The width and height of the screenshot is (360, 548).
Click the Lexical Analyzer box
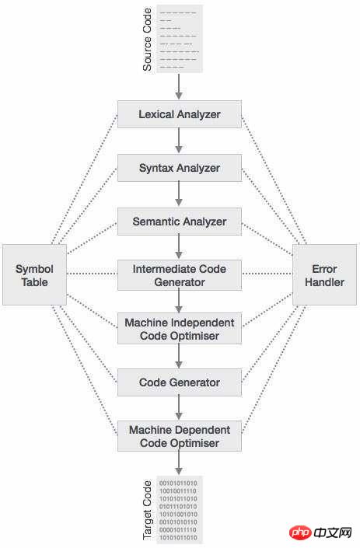pos(180,114)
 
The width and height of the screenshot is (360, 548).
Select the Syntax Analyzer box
pos(180,168)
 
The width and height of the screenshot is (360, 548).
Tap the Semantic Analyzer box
pos(180,222)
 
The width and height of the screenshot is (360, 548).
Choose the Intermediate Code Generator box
pos(180,275)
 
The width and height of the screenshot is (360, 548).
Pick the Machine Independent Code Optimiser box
pos(180,329)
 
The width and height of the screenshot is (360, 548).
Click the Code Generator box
pos(180,382)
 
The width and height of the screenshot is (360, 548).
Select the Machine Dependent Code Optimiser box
pos(180,436)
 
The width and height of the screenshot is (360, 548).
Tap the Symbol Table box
pos(35,274)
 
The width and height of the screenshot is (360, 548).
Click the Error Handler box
pos(324,274)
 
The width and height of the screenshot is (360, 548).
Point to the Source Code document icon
pos(180,39)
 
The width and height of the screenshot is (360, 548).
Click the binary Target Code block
pos(180,510)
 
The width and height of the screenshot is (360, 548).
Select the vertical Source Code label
pos(148,40)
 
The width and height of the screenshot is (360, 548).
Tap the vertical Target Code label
pos(148,510)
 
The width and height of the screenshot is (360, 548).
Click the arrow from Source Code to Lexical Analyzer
pos(179,86)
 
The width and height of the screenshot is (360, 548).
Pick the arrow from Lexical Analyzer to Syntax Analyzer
pos(179,141)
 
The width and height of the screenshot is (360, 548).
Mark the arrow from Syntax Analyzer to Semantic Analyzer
pos(179,194)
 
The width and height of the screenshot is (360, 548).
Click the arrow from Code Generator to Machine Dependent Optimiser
pos(179,408)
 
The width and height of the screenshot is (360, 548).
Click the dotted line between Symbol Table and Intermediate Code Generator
pos(93,274)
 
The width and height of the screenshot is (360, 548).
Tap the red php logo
pos(300,532)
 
